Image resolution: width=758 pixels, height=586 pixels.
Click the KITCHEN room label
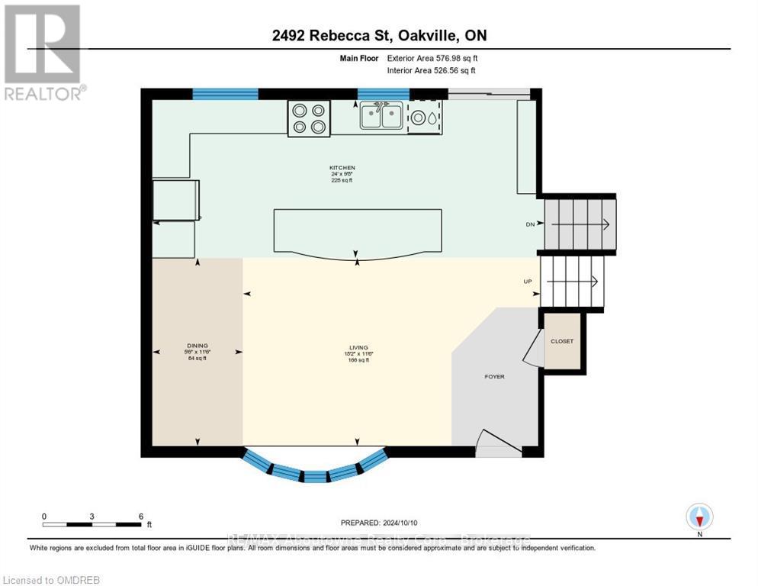coord(342,168)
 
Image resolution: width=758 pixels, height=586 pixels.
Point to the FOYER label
coord(494,377)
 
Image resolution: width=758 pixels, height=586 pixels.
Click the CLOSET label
coord(562,341)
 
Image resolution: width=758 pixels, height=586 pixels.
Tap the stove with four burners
coord(308,118)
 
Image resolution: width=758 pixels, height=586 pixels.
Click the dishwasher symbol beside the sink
coord(425,118)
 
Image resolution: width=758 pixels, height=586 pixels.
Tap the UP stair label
coord(527,282)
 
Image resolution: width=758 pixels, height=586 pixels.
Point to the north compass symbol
coord(699,517)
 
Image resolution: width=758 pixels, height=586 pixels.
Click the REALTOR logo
coord(43,52)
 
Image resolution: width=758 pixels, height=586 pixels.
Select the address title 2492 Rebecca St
coord(380,35)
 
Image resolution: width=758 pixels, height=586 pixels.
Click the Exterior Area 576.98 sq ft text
coord(432,57)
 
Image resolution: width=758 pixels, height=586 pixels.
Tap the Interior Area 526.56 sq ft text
coord(432,70)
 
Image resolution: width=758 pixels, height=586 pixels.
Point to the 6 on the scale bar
coord(140,516)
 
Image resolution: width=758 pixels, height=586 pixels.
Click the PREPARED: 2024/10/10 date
coord(380,523)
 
